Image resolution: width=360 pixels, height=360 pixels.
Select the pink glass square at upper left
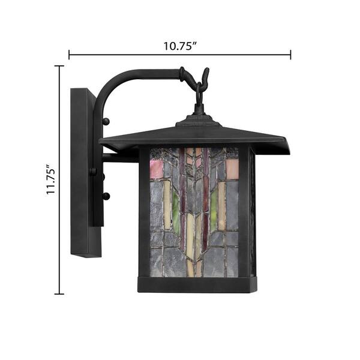(x=156, y=169)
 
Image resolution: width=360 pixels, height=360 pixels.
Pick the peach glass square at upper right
(x=232, y=169)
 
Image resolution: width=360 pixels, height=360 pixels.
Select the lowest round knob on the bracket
(x=106, y=196)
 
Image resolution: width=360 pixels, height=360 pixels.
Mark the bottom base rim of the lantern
(x=197, y=284)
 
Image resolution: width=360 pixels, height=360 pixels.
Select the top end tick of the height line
(x=59, y=66)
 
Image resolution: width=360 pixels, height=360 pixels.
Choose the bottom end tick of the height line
(x=59, y=293)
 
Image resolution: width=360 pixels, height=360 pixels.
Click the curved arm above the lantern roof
(x=138, y=75)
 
